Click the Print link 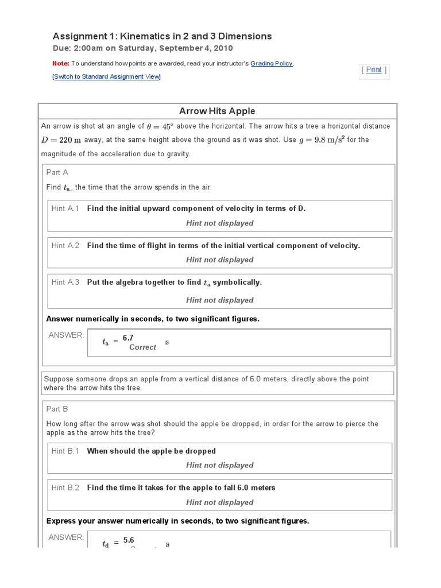click(374, 69)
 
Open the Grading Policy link click(272, 63)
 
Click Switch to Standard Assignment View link click(107, 76)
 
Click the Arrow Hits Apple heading click(217, 111)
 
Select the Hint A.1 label click(65, 208)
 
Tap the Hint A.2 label click(65, 245)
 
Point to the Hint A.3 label click(65, 282)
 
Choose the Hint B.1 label click(65, 451)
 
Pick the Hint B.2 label click(65, 488)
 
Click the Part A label click(57, 172)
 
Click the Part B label click(57, 409)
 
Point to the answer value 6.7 click(128, 338)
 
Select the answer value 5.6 click(128, 540)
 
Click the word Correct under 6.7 click(142, 347)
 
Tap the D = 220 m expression click(61, 140)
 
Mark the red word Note click(60, 63)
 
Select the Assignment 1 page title click(162, 36)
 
